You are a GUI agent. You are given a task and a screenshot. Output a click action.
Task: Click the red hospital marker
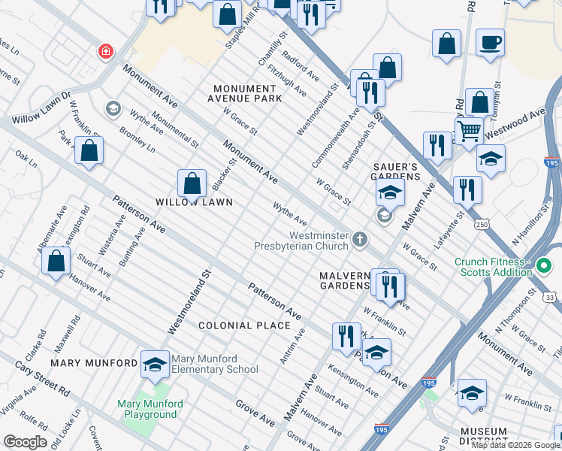[x=106, y=51]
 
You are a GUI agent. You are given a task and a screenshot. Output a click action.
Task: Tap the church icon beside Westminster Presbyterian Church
[x=360, y=241]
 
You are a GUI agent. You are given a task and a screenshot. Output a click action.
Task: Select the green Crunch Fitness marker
[x=545, y=266]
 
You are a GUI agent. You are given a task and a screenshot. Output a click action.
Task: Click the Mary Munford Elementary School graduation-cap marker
[x=155, y=363]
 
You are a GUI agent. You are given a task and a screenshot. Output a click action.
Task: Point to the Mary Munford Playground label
[x=147, y=409]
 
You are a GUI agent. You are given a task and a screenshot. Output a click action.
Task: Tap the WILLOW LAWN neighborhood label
[x=193, y=203]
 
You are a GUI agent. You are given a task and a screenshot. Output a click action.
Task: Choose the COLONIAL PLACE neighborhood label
[x=244, y=325]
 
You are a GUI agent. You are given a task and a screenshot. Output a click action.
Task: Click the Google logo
[x=25, y=441]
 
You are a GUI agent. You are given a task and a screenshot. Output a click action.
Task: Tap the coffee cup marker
[x=490, y=43]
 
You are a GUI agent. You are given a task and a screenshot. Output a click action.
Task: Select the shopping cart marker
[x=469, y=130]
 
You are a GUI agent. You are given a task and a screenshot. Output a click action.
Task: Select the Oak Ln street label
[x=26, y=159]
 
